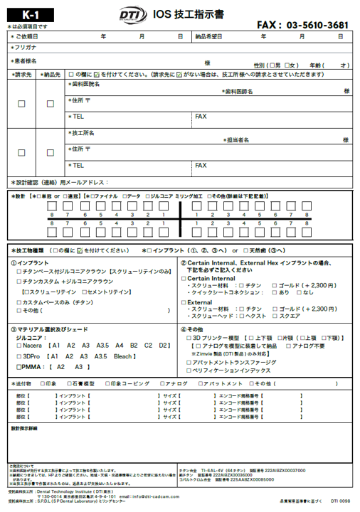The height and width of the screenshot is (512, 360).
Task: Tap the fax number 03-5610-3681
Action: click(x=317, y=25)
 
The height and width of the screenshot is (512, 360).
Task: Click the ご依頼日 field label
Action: click(x=28, y=36)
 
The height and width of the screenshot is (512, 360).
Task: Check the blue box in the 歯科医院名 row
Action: click(x=21, y=104)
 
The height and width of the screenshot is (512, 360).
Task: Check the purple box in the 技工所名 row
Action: click(x=50, y=153)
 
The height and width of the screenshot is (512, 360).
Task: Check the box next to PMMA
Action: click(x=19, y=367)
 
